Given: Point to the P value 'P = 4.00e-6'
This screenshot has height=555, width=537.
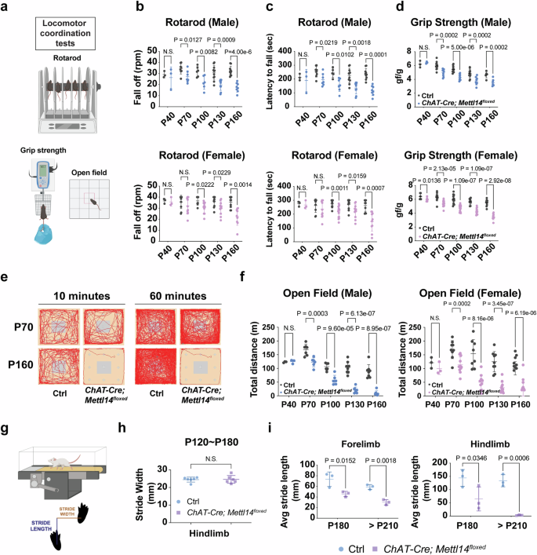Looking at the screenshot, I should point(245,56).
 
